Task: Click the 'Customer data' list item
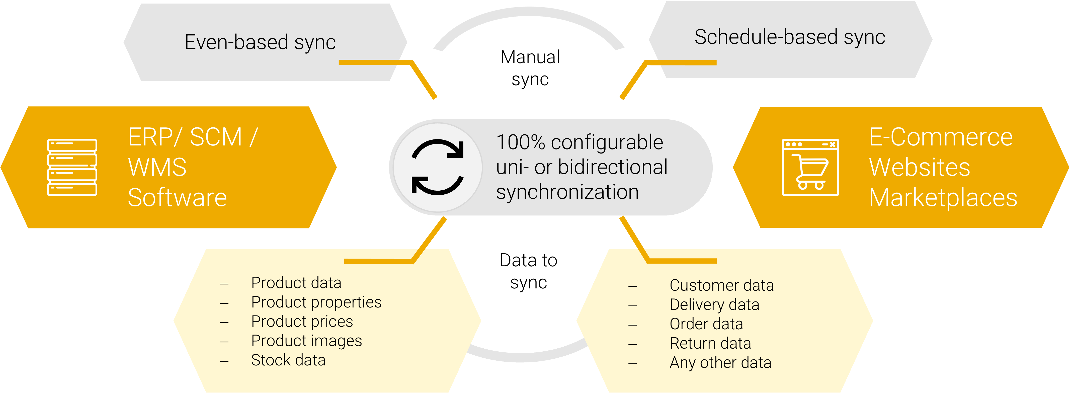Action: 721,285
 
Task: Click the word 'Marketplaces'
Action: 943,198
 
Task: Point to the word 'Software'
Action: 177,198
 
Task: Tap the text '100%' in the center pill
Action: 521,142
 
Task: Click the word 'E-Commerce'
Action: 941,137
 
